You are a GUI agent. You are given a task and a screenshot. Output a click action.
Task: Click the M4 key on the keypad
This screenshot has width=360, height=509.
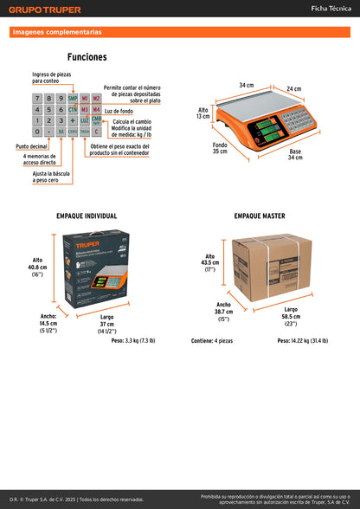[x=96, y=110]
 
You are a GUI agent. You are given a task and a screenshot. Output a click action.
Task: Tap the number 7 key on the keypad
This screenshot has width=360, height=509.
[x=37, y=99]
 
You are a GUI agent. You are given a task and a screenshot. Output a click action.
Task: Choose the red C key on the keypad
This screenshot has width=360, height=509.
[x=96, y=132]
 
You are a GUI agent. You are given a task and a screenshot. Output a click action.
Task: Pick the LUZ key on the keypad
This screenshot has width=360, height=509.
[x=84, y=121]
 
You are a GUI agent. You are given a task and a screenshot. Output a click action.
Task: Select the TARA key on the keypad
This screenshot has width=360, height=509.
[x=84, y=132]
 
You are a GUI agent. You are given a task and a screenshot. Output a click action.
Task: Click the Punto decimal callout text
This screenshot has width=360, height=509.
[x=30, y=146]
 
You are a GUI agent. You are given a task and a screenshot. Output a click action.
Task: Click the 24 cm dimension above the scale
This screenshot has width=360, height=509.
[x=293, y=88]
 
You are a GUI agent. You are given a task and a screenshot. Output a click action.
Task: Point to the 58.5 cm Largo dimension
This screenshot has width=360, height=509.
[x=290, y=317]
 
